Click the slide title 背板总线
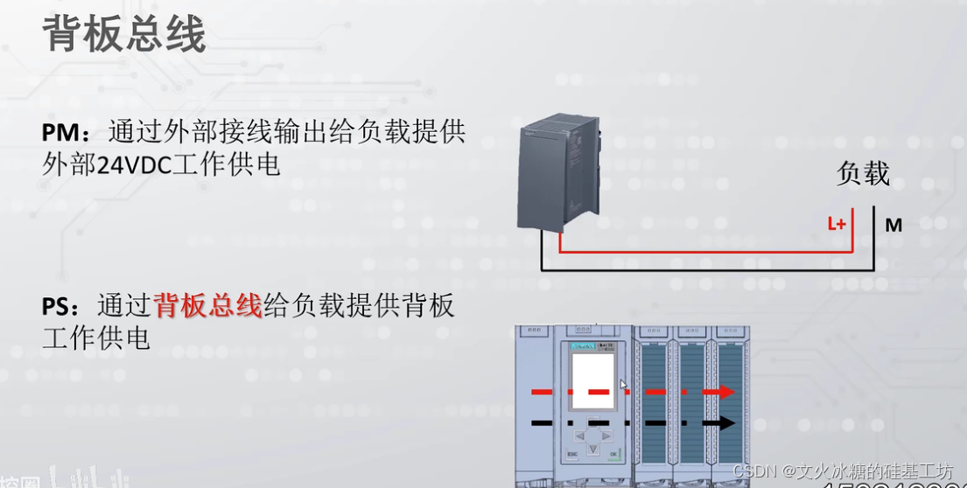tap(123, 35)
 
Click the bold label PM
tap(60, 133)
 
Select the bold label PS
tap(59, 306)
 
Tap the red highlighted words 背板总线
tap(207, 306)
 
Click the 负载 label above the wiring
tap(863, 173)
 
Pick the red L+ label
tap(837, 224)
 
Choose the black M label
tap(893, 226)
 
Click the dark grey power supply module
tap(560, 175)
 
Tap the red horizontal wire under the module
tap(700, 252)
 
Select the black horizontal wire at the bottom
tap(700, 269)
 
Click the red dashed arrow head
tap(725, 392)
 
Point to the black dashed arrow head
tap(725, 423)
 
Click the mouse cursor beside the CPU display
tap(623, 385)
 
